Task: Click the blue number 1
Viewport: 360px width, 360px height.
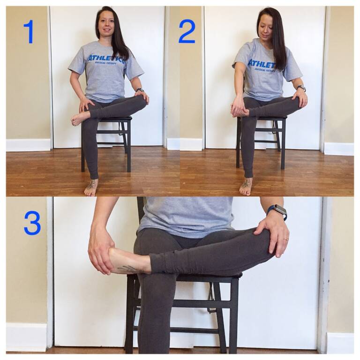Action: point(29,31)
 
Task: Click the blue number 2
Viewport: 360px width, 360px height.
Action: point(187,31)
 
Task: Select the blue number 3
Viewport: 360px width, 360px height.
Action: point(32,223)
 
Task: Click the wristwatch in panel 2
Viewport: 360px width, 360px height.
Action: point(301,88)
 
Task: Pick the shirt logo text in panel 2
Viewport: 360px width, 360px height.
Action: point(262,64)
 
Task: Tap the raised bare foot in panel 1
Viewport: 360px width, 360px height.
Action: point(80,118)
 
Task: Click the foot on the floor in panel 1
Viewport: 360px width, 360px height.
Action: point(91,187)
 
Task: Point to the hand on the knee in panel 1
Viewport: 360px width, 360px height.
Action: point(141,96)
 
